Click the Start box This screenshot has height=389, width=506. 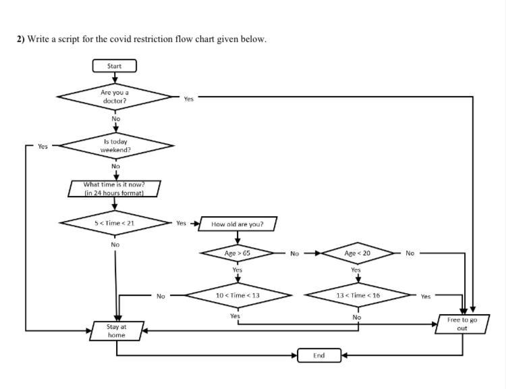[115, 66]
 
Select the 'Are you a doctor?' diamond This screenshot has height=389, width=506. [115, 97]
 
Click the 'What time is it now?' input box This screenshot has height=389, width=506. [115, 188]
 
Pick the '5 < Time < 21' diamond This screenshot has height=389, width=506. [115, 222]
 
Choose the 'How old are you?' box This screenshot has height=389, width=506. [237, 224]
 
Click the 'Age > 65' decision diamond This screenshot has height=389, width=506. [237, 253]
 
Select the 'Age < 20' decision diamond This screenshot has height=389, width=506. [358, 253]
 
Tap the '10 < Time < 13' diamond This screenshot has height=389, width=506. [237, 295]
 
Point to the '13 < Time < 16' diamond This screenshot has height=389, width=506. [358, 295]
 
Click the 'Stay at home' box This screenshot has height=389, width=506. [116, 331]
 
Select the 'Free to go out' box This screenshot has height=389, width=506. [462, 324]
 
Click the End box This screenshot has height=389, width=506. [319, 355]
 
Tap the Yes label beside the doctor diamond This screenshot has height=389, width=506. [188, 99]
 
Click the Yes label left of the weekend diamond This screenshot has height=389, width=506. [43, 146]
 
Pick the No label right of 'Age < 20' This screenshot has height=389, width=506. [410, 253]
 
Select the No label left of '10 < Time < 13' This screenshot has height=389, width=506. [161, 296]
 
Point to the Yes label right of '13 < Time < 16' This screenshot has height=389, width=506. [426, 296]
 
